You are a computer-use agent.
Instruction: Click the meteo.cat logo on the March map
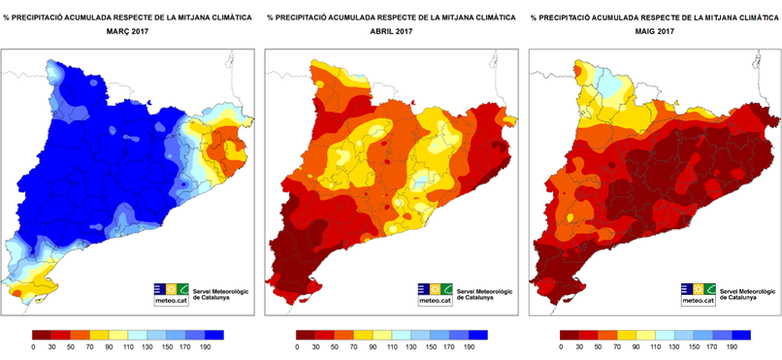pyautogui.click(x=171, y=294)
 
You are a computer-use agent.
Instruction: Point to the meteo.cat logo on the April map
pyautogui.click(x=434, y=294)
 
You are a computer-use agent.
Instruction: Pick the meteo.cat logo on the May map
pyautogui.click(x=698, y=294)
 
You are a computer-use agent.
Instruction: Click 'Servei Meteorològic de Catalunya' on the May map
pyautogui.click(x=746, y=294)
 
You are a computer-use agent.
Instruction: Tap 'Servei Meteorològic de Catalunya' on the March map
pyautogui.click(x=219, y=294)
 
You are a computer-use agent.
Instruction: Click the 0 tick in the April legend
pyautogui.click(x=296, y=346)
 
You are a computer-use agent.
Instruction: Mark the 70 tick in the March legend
pyautogui.click(x=91, y=346)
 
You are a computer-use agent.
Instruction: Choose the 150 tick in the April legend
pyautogui.click(x=432, y=346)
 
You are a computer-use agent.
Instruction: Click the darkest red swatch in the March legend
pyautogui.click(x=42, y=334)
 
